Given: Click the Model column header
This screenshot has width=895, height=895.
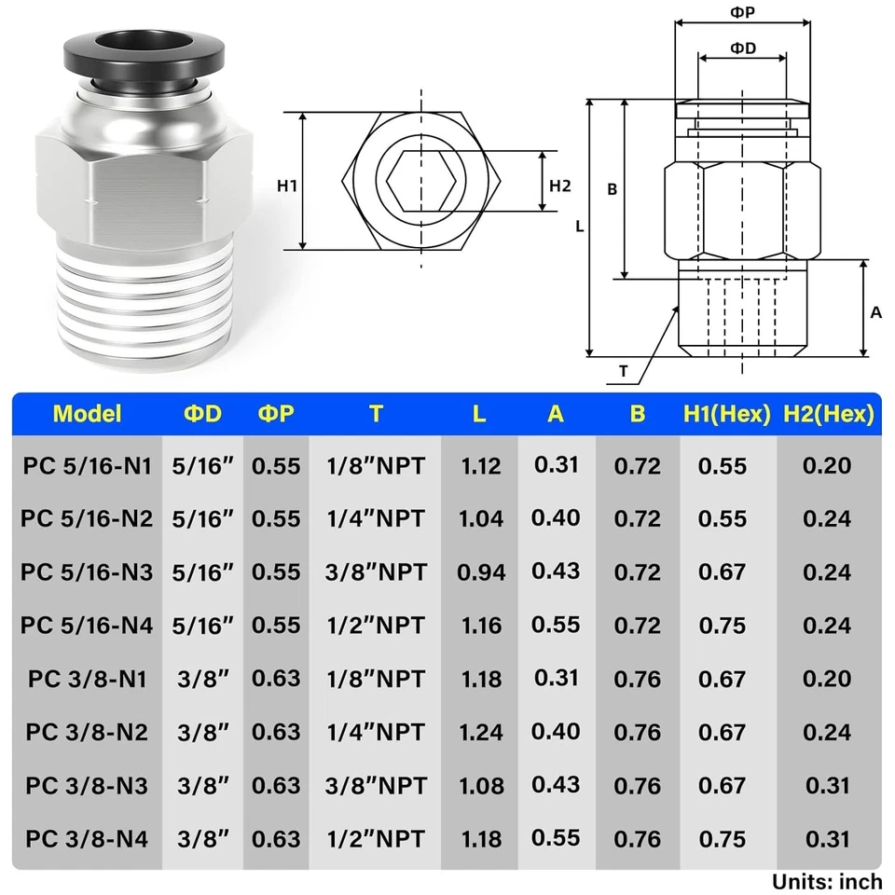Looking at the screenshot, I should tap(87, 413).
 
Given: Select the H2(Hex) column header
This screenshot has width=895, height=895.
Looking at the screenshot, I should tap(828, 413).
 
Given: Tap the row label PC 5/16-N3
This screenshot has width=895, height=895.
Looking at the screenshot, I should tap(87, 571).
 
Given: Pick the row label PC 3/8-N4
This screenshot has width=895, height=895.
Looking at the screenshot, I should tap(87, 837).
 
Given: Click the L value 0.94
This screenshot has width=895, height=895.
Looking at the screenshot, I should tap(481, 571).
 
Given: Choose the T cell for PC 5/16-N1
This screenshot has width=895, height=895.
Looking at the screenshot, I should tap(375, 465).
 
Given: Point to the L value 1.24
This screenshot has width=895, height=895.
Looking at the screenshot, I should tap(481, 731).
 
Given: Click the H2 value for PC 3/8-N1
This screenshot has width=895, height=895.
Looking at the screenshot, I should tap(827, 678).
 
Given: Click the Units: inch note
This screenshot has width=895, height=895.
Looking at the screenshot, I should tap(826, 880).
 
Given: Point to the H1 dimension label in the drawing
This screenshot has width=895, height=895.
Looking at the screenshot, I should tap(287, 186).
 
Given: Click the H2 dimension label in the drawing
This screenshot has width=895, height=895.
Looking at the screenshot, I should tap(559, 186).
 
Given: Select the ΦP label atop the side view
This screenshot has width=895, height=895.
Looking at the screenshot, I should tap(742, 12).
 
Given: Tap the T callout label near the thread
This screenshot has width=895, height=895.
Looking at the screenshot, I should tap(623, 370).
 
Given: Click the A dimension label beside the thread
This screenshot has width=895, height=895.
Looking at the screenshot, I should tap(875, 313).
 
